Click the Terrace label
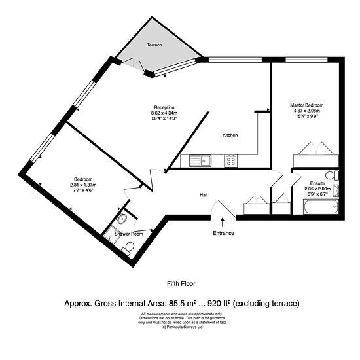[x=154, y=45]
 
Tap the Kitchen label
[x=230, y=135]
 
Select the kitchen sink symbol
[x=200, y=160]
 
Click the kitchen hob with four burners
[x=231, y=160]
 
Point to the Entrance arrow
[x=223, y=223]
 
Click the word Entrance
[x=223, y=233]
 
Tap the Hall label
[x=204, y=195]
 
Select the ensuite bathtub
[x=321, y=207]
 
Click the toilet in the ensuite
[x=332, y=175]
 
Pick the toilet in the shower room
[x=128, y=248]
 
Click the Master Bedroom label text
[x=307, y=105]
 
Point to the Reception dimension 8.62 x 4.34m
[x=164, y=113]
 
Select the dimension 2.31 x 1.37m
[x=83, y=185]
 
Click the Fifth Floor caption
[x=181, y=284]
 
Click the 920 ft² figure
[x=219, y=304]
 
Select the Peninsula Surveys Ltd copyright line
[x=182, y=327]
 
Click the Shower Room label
[x=129, y=234]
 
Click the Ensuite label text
[x=317, y=183]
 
